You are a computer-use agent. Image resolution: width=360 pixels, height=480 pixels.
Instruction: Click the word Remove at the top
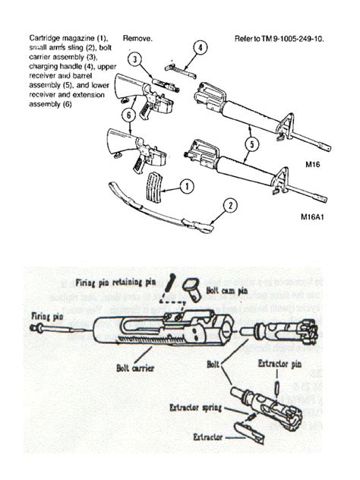point(137,36)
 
